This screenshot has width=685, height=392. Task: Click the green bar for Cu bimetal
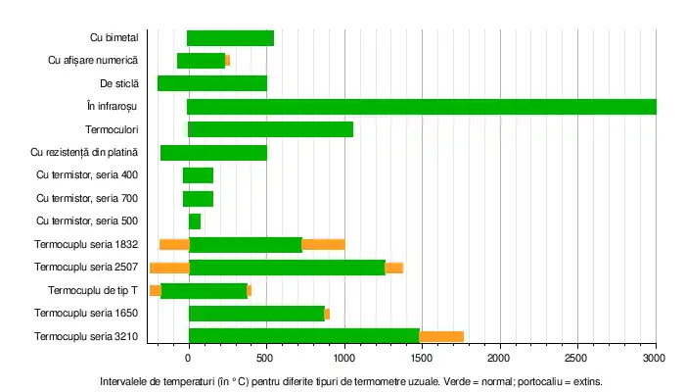point(230,38)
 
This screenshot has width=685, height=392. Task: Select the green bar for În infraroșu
point(421,107)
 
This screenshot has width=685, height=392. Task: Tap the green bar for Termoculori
point(270,129)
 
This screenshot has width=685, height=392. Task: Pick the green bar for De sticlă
point(211,83)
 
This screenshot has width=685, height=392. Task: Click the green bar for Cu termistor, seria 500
point(194,221)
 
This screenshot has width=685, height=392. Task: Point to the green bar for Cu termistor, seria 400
point(198,175)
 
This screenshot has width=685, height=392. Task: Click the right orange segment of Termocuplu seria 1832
point(323,244)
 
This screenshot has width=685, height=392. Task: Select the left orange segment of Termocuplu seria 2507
point(169,268)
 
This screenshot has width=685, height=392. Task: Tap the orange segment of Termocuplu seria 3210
point(441,336)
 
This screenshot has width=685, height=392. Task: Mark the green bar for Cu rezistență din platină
point(213,153)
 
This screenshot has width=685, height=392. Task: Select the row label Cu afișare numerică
point(93,61)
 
